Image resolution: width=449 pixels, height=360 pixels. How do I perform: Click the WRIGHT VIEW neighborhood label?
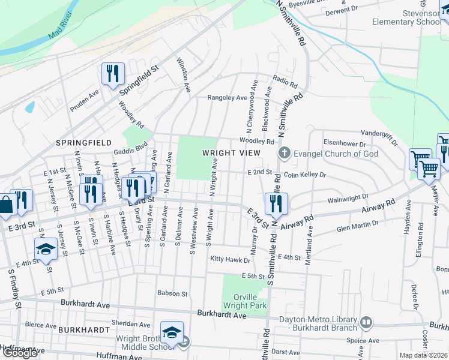click(x=231, y=153)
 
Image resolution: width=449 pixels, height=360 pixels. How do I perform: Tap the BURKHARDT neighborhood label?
click(x=83, y=330)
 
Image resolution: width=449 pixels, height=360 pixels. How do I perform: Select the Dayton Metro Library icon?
click(x=366, y=323)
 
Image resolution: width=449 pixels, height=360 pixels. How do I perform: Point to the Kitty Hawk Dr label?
click(x=229, y=259)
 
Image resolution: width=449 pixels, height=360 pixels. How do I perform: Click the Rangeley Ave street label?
click(x=227, y=97)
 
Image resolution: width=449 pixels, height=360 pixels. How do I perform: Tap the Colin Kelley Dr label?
click(x=304, y=175)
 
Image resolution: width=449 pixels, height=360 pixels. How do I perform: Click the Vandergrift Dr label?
click(x=379, y=136)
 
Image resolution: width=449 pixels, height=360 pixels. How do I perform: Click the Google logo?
click(x=20, y=353)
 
